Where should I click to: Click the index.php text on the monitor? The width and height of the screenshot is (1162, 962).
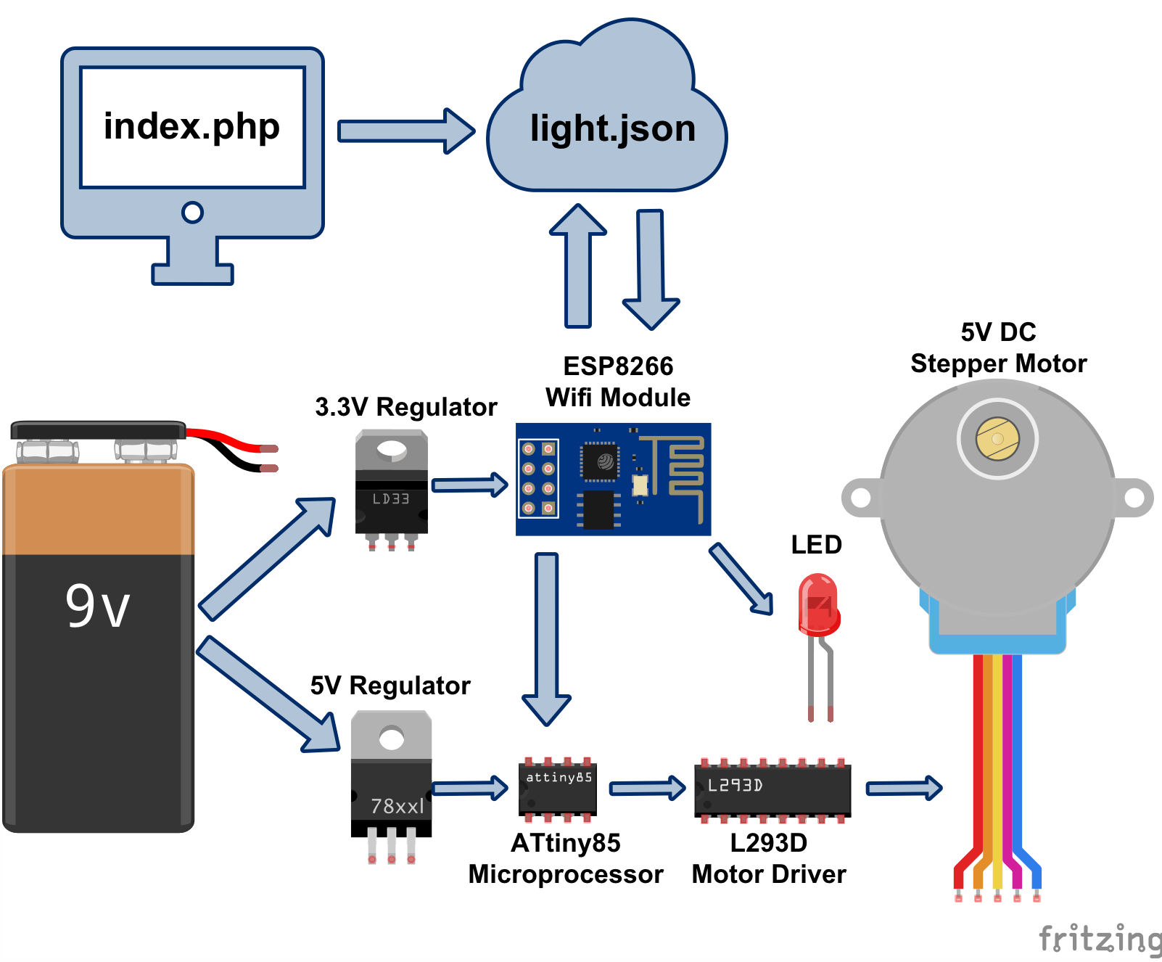tap(191, 127)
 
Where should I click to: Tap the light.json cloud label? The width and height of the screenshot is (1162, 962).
tap(612, 128)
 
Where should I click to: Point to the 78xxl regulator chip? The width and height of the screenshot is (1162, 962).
tap(392, 784)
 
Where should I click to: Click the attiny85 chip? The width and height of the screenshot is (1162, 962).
tap(558, 789)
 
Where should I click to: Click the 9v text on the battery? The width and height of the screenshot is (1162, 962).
tap(98, 606)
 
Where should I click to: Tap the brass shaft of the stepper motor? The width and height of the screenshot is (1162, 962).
tap(997, 439)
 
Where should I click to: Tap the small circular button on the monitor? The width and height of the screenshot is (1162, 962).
tap(192, 213)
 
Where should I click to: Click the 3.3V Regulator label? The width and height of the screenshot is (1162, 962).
tap(405, 407)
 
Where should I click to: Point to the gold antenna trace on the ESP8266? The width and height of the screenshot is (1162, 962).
tap(682, 472)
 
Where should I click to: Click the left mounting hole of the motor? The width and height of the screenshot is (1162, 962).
tap(861, 498)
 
